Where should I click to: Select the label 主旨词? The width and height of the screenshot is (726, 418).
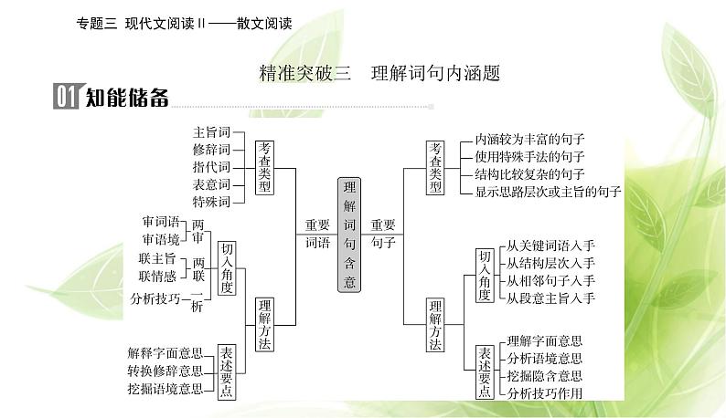(x=211, y=132)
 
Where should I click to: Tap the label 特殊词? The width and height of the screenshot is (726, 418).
(x=211, y=201)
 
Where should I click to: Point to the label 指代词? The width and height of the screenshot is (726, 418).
(x=211, y=167)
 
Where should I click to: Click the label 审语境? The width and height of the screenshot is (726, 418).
(x=161, y=238)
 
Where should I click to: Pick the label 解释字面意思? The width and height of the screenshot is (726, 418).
(x=165, y=352)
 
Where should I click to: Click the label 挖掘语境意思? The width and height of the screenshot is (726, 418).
(x=165, y=389)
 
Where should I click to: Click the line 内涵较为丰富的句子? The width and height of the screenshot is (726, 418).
(x=530, y=140)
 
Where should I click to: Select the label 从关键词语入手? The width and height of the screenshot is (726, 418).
(x=550, y=245)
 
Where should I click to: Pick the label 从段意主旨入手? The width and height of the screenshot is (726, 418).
(x=550, y=298)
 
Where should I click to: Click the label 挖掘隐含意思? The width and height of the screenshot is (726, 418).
(x=545, y=376)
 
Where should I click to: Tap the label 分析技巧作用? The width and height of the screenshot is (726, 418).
(x=545, y=393)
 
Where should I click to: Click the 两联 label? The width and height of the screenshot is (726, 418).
(x=198, y=270)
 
